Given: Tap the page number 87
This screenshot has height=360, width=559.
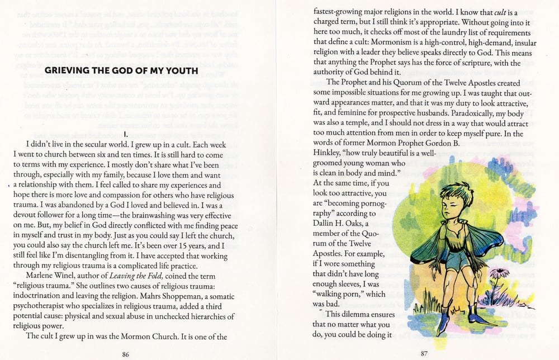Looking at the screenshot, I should [424, 353].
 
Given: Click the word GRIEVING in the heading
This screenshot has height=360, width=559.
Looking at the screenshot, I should [66, 70].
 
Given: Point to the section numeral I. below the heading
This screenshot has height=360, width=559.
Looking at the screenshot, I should [127, 135].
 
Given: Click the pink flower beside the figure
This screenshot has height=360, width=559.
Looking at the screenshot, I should [499, 273].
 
